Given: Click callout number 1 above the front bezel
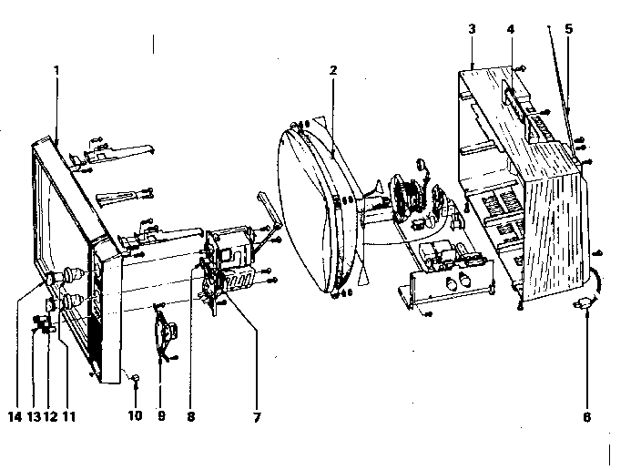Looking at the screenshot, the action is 56,70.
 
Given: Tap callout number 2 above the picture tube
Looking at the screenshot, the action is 333,70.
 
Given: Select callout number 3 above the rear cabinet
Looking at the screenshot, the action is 473,29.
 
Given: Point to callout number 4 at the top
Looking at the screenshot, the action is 511,29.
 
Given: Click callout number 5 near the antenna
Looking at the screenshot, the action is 569,29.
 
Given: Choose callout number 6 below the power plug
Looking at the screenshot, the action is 586,417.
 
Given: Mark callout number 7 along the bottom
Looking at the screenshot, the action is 257,417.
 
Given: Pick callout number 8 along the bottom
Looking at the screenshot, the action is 191,417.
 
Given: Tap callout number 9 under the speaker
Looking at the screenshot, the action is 161,416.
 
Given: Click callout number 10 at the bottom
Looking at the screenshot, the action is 136,415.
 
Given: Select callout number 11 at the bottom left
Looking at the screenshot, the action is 69,417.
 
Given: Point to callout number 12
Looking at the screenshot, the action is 51,417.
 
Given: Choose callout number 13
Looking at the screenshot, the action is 34,417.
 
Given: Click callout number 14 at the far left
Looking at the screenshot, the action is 15,417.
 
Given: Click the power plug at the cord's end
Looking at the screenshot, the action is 584,303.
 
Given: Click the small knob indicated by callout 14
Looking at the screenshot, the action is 51,280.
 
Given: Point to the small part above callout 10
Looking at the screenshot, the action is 136,377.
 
